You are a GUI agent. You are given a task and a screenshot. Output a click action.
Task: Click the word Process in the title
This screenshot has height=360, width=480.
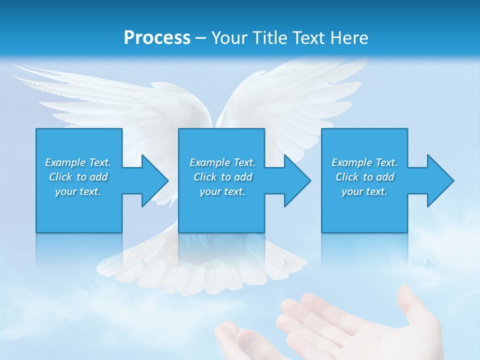[x=157, y=38]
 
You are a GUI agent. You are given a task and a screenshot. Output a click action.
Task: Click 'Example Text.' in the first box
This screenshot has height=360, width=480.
[x=78, y=162]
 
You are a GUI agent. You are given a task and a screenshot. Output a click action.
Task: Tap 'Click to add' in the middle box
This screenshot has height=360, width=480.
[x=222, y=177]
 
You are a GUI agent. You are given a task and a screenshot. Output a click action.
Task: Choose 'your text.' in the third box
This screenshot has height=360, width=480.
[x=364, y=191]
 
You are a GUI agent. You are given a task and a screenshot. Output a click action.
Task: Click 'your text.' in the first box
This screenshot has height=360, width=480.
[x=78, y=191]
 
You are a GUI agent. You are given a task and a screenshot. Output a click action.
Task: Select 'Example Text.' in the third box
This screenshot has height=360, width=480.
[x=364, y=162]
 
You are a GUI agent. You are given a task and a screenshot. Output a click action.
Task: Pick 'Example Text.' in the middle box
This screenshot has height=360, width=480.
[x=222, y=162]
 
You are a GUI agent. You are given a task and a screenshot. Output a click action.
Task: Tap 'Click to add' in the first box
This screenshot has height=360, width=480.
[x=78, y=177]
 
